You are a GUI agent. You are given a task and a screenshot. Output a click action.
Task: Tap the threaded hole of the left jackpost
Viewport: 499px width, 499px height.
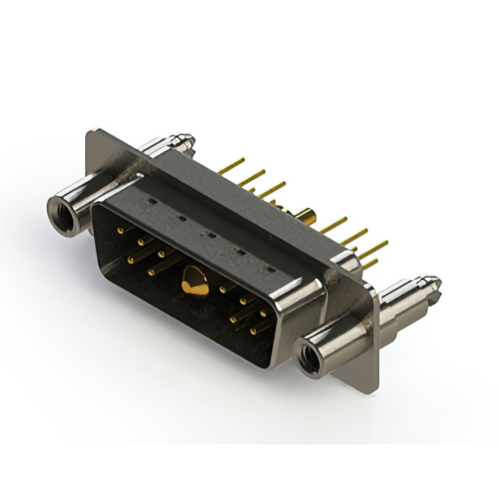[59, 208]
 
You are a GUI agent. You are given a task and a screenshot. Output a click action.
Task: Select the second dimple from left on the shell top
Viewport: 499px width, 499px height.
[179, 219]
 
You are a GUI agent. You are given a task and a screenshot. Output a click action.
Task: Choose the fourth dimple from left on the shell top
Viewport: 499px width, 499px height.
[239, 250]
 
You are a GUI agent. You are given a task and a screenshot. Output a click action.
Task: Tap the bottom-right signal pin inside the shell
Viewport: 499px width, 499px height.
[253, 331]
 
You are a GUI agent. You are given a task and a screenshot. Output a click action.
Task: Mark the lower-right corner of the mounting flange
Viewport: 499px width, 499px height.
[375, 387]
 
